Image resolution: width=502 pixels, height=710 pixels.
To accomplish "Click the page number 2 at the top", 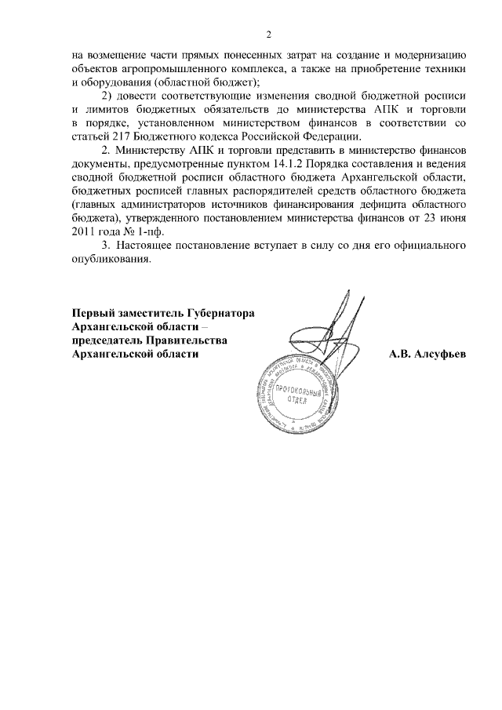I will (268, 34).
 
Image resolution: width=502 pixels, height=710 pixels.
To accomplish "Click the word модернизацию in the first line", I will (428, 55).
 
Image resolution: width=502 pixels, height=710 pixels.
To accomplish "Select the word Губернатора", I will (219, 313).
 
